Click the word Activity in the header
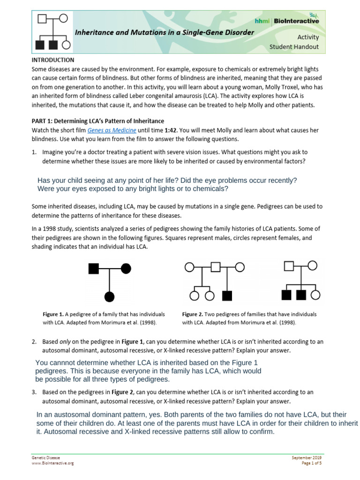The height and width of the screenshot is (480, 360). coord(308,37)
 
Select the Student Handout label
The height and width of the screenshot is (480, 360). coord(294,46)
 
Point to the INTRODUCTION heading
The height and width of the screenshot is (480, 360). coord(52,60)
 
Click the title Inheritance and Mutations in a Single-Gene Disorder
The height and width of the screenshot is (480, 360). coord(165,32)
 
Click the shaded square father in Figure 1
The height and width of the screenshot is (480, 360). coord(93,269)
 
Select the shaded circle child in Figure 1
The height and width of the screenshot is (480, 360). coord(109,296)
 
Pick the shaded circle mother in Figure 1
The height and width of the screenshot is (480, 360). coord(126,269)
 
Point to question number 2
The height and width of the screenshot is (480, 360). coord(34,342)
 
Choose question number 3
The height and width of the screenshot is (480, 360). coord(34,392)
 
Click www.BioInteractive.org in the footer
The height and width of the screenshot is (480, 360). coord(52,463)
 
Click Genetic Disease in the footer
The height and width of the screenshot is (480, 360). coord(45,457)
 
